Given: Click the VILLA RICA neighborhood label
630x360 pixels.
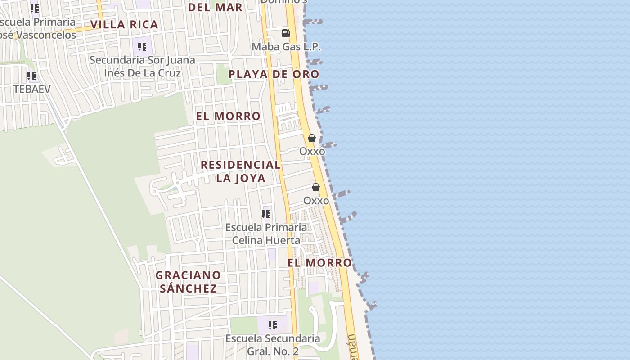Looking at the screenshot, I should point(124,24).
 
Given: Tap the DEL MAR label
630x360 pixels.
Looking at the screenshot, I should point(215,7).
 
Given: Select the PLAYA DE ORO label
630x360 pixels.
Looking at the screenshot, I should point(274,74).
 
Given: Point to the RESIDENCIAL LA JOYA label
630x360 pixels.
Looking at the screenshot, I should point(240,171).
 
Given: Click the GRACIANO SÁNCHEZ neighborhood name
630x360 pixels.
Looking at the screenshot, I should point(188,282).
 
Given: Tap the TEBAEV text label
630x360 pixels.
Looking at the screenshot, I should point(32,89).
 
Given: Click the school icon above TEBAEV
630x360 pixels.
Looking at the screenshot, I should point(31,76).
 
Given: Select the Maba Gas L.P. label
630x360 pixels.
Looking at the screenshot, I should point(286,46).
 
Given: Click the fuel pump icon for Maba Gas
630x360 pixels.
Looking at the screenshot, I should point(286,33).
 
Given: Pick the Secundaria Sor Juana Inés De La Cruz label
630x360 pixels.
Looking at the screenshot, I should point(142,67).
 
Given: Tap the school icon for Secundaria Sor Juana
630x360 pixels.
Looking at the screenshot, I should point(142,47).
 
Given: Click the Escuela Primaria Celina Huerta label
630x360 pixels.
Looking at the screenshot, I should point(266,234).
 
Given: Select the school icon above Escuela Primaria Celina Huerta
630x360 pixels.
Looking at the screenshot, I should point(266,214).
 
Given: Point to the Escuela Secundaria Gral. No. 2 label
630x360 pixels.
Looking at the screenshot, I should point(273,345).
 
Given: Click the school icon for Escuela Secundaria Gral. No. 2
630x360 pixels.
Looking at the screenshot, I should point(273,325).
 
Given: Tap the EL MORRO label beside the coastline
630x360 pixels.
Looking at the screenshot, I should point(319,262).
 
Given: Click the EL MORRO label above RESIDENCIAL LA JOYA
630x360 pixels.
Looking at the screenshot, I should point(228,116).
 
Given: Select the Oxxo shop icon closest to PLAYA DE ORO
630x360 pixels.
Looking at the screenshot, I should point(312,138).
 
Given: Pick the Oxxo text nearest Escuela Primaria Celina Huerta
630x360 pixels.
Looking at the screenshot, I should point(316,201).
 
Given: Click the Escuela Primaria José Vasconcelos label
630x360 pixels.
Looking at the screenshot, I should point(38,28).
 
